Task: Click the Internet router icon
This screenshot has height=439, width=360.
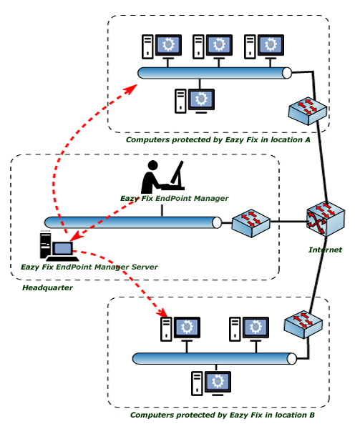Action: pos(325,219)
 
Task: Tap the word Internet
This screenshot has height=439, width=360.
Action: pos(325,250)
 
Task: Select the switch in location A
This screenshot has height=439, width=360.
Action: pos(308,111)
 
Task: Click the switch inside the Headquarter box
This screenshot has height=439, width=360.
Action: pos(251,223)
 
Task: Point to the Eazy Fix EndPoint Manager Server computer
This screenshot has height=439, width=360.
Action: pos(58,246)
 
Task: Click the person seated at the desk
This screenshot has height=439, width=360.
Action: pos(162,177)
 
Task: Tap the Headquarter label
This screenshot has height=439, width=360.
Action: pos(48,288)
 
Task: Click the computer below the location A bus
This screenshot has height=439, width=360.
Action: pos(195,101)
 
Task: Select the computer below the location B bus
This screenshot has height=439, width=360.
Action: pos(211,383)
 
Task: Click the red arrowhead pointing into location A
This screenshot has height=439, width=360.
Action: pos(130,89)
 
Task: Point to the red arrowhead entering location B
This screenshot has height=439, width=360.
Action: pos(162,312)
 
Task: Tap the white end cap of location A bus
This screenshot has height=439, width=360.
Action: pos(287,73)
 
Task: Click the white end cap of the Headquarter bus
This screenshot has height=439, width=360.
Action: pos(217,223)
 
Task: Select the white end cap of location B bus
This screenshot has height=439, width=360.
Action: pos(291,359)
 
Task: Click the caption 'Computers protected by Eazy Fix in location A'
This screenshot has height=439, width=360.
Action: pos(218,139)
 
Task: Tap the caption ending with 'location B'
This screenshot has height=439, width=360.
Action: pos(223,415)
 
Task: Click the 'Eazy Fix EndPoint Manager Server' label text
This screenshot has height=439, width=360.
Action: pos(89,267)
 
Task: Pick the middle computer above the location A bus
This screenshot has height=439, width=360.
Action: pos(213,46)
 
